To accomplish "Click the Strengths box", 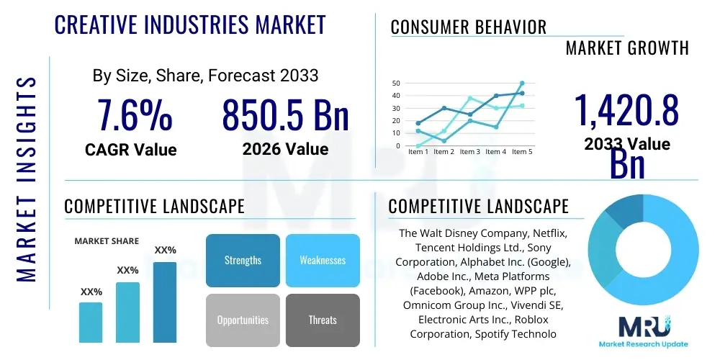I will [x=243, y=261].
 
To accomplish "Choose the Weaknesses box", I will [x=323, y=261].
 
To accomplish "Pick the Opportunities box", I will [x=243, y=320].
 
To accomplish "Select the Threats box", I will [x=323, y=320].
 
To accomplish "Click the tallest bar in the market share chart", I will [x=165, y=302].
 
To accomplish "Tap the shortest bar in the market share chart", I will [x=91, y=322].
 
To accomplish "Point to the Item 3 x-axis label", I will [x=469, y=152].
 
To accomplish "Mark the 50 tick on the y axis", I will [x=395, y=84].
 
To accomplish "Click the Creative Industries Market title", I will [x=190, y=24].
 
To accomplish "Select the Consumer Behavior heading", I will [x=469, y=27].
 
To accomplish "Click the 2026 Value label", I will [x=285, y=149].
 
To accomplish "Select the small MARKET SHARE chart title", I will [x=107, y=241].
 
